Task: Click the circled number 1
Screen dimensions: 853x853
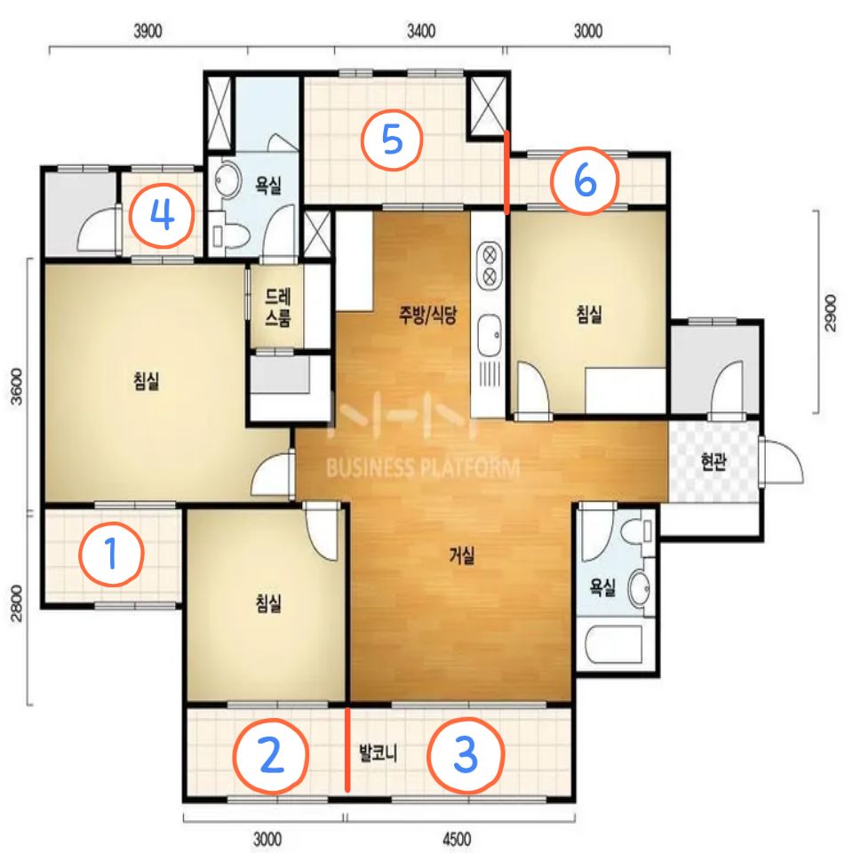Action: (112, 554)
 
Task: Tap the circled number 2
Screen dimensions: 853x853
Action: (271, 755)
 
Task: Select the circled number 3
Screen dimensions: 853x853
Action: (466, 755)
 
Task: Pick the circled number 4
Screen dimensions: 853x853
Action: (162, 215)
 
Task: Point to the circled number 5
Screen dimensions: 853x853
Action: (392, 140)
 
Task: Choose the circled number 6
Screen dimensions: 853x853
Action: (585, 180)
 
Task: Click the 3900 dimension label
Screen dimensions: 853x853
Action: (148, 31)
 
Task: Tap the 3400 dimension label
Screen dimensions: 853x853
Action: (421, 31)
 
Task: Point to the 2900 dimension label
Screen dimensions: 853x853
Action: (830, 312)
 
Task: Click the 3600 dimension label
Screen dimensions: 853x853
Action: (17, 387)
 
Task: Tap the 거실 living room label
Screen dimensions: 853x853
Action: (462, 555)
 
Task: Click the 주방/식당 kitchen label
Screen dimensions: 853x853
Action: (428, 315)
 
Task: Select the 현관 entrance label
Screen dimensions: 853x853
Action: (713, 461)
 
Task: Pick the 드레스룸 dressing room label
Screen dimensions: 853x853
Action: (277, 307)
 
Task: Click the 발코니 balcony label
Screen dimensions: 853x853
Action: (379, 753)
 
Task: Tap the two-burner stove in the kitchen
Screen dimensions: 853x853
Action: (489, 266)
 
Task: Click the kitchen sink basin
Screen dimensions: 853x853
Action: (489, 336)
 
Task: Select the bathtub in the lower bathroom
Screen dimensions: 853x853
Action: (614, 644)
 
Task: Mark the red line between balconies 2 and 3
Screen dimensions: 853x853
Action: (347, 749)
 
